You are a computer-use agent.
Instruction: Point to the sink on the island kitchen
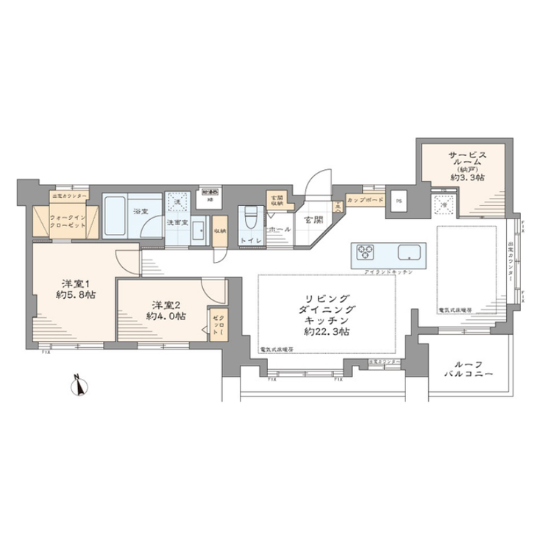click(x=408, y=255)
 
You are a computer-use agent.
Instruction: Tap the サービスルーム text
click(x=465, y=161)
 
